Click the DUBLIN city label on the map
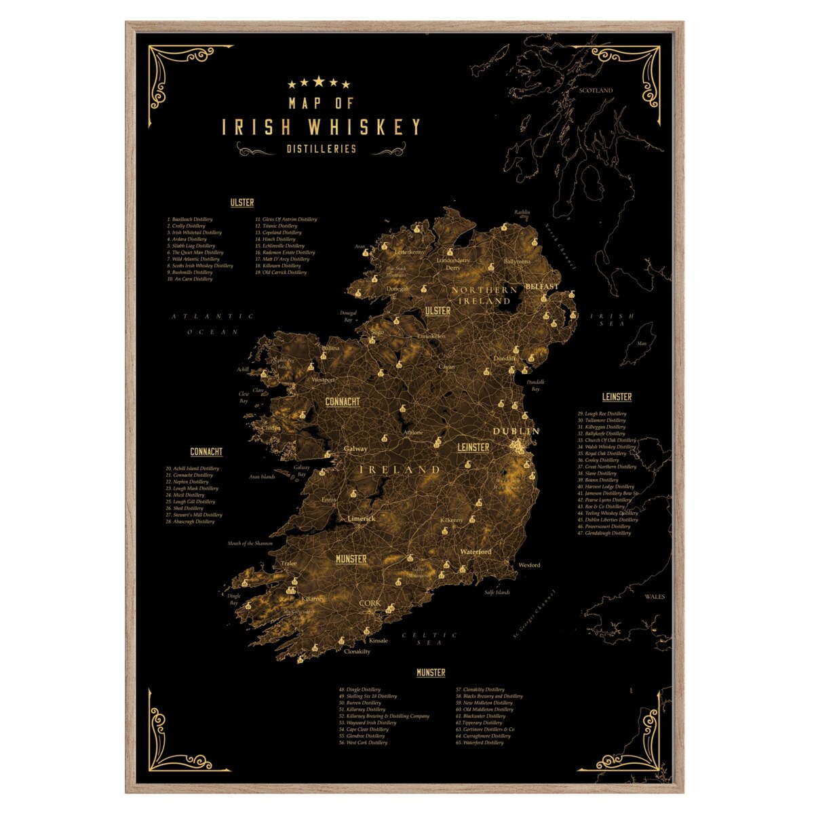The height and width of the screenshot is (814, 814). (516, 431)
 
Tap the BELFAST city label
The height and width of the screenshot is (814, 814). (541, 286)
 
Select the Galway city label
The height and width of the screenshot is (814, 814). (355, 448)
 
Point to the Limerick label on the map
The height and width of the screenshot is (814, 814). (361, 518)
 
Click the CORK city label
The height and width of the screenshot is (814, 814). (370, 603)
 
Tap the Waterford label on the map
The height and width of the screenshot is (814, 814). (476, 551)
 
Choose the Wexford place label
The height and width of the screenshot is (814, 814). (529, 564)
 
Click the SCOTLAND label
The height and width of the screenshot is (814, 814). (595, 90)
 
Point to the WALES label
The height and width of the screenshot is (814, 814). (655, 597)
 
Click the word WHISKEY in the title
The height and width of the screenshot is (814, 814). (364, 127)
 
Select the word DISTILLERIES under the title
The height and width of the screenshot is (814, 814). (321, 149)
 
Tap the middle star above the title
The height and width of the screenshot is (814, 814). (318, 82)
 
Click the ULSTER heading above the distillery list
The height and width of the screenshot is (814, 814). (242, 202)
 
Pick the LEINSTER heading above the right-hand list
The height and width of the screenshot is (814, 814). (617, 397)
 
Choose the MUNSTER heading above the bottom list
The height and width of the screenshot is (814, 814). (431, 672)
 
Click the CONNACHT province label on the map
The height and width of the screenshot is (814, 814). (343, 402)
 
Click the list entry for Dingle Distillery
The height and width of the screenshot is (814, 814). (360, 689)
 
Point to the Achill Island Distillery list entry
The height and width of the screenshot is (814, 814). (193, 468)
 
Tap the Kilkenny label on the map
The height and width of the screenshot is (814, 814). (451, 520)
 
